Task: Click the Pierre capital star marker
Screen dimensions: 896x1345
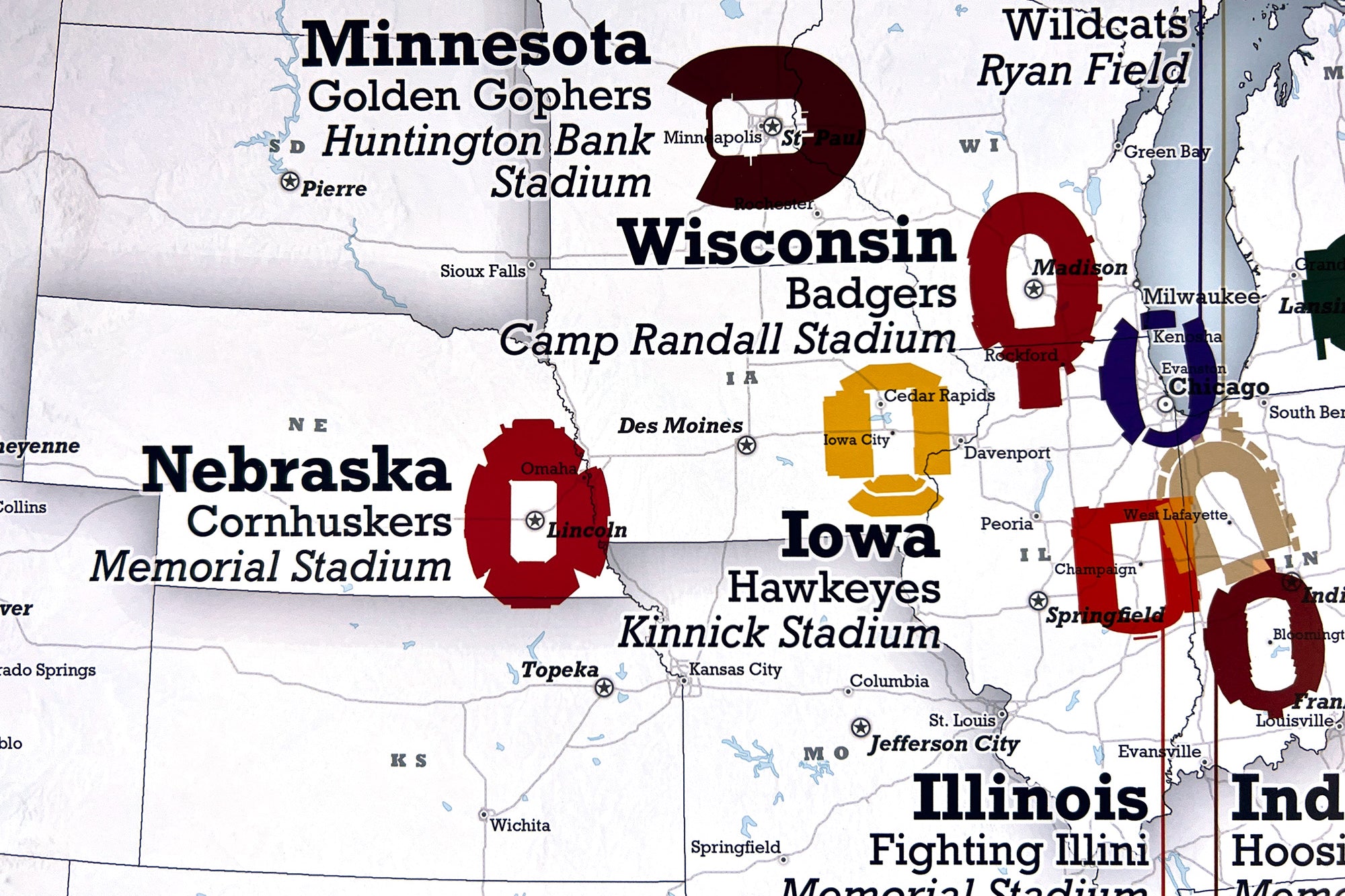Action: pos(290,181)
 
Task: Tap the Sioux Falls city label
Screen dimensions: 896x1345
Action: pos(482,271)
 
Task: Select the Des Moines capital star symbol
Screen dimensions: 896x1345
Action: pos(746,445)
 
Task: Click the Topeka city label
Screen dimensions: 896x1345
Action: pos(560,669)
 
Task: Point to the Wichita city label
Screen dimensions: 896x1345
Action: pos(519,825)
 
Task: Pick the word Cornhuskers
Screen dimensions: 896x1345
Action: pos(319,522)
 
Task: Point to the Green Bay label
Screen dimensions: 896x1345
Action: pos(1166,152)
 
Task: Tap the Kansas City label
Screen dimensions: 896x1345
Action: pos(734,669)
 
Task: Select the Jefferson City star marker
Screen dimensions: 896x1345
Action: pos(861,727)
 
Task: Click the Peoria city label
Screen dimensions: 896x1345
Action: pos(1006,524)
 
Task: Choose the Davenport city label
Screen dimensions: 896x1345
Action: pos(1007,453)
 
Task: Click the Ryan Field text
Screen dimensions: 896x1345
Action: pos(1083,71)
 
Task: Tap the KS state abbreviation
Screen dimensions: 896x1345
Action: pos(408,760)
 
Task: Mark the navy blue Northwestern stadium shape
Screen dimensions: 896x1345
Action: pos(1116,383)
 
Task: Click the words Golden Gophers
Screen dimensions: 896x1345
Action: pos(479,95)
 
